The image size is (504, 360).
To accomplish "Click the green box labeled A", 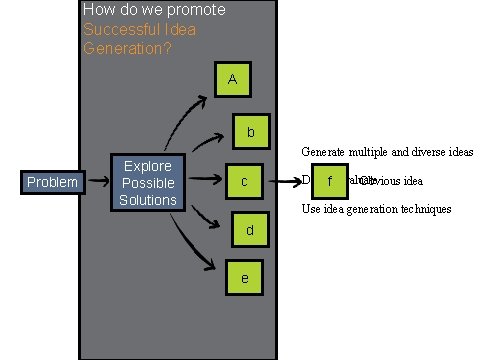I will click(x=232, y=79).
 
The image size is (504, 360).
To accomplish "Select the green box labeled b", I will click(x=250, y=131).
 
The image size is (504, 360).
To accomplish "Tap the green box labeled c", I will click(x=243, y=181).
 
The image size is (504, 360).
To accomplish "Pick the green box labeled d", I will click(x=250, y=230).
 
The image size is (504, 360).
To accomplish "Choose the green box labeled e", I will click(x=244, y=278).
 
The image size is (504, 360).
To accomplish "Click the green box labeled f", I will click(x=329, y=181).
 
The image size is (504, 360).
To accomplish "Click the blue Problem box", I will click(x=51, y=182).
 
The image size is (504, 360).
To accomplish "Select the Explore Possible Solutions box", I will click(x=148, y=182).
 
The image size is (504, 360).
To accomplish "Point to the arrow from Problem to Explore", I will click(x=97, y=182).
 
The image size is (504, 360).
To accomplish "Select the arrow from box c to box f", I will click(x=290, y=181).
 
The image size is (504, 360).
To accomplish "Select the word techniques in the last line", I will click(x=423, y=209).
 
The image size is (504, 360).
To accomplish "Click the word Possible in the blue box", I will click(x=148, y=183).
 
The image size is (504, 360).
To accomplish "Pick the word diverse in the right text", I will click(x=426, y=152).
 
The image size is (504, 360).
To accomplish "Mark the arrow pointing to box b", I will click(x=205, y=145).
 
